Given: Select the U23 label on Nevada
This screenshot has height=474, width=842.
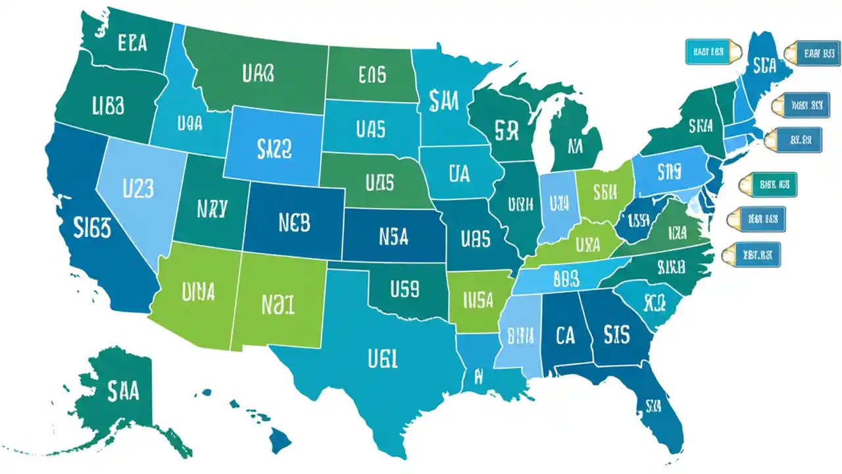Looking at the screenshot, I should pyautogui.click(x=138, y=189).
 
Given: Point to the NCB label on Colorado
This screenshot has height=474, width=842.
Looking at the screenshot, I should pyautogui.click(x=285, y=223).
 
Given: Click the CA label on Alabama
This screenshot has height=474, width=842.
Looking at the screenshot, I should pyautogui.click(x=564, y=336).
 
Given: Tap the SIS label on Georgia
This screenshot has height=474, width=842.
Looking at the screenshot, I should pyautogui.click(x=616, y=334).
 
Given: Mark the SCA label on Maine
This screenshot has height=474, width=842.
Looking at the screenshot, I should pyautogui.click(x=765, y=66).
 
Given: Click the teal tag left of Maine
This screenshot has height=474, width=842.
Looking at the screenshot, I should pyautogui.click(x=708, y=51).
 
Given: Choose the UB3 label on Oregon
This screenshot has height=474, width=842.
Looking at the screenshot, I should pyautogui.click(x=109, y=105).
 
